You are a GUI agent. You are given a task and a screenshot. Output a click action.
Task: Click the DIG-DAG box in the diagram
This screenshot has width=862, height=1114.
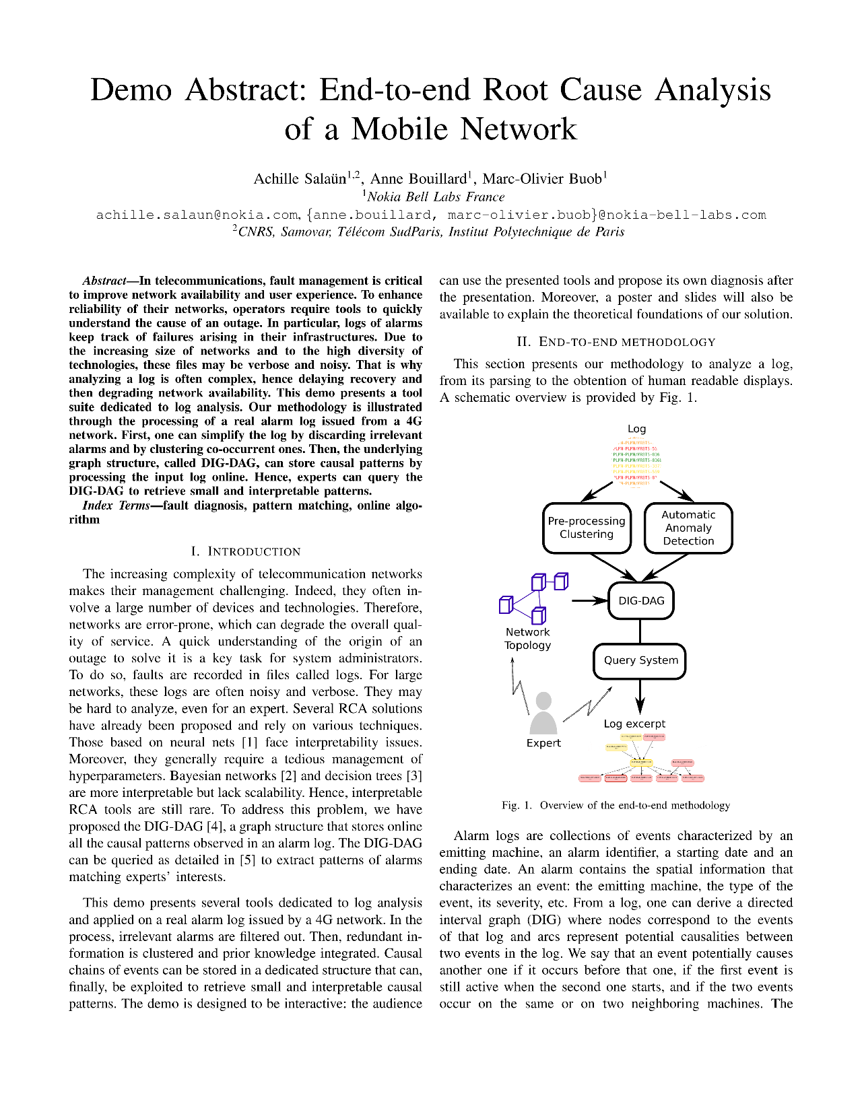pos(640,600)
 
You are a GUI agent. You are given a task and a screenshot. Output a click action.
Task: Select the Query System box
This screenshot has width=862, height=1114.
pos(640,660)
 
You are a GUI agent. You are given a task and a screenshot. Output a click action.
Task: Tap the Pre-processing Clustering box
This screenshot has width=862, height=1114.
pos(587,528)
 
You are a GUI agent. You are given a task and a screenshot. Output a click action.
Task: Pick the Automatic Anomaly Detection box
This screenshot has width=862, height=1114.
pos(688,528)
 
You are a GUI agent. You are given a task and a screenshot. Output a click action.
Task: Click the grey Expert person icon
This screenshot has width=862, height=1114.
pos(543,714)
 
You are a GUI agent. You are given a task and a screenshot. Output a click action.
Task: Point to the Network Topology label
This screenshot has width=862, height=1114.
pos(527,638)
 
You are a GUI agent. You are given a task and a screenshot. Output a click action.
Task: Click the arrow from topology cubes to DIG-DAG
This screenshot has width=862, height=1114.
pos(589,600)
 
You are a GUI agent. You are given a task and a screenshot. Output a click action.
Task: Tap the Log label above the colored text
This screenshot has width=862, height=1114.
pos(636,429)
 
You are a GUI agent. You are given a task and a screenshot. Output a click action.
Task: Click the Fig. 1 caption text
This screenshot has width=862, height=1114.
pos(616,805)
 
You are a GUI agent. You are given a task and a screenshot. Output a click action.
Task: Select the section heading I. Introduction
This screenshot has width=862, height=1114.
pos(245,551)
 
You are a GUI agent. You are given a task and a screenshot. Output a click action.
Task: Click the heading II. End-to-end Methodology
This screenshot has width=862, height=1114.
pos(616,342)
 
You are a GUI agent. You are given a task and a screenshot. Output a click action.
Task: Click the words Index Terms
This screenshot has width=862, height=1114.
pos(115,506)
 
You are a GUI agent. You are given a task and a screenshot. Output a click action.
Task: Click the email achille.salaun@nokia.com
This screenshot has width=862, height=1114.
pos(197,215)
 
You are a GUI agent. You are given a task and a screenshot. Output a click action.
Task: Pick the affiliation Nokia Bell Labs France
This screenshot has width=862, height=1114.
pos(436,197)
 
